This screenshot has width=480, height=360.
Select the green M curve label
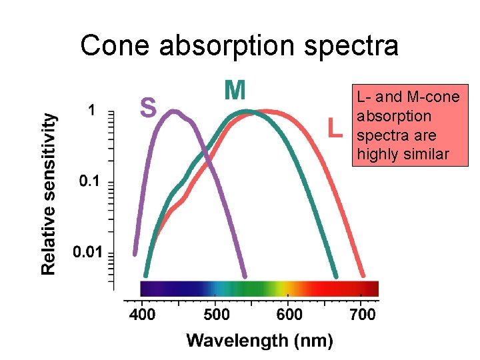235,90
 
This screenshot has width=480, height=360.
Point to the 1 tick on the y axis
92,109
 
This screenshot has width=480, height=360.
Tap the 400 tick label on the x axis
141,314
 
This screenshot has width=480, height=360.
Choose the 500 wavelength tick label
215,314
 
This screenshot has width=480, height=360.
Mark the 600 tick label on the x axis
289,314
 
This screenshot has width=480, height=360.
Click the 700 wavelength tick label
363,314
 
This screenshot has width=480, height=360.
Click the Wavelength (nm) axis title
259,341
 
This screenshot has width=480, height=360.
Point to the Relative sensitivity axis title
49,193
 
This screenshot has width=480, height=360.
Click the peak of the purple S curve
173,112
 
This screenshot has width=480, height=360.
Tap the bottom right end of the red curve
363,275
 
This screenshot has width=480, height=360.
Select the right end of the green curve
335,275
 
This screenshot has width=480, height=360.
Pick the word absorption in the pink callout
385,117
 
